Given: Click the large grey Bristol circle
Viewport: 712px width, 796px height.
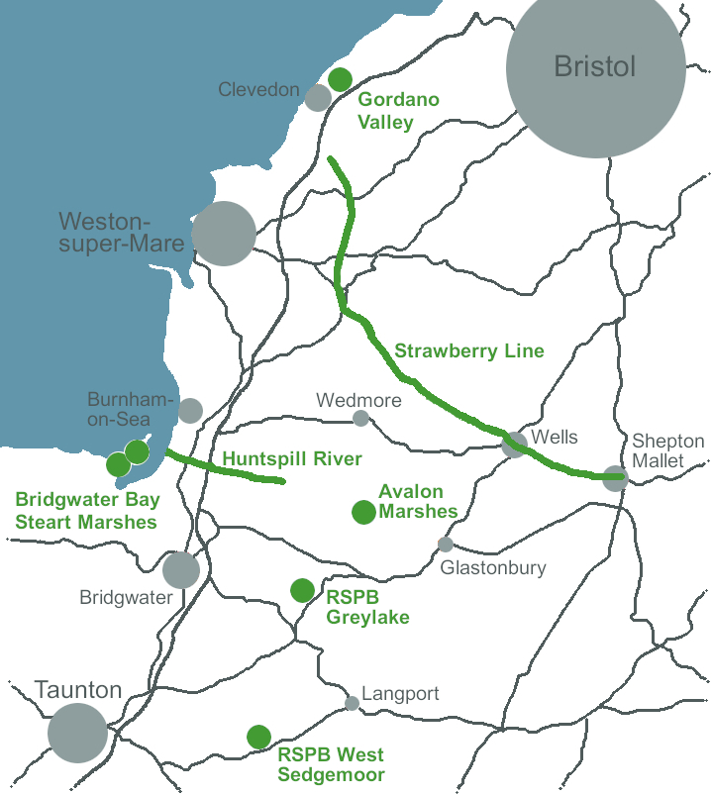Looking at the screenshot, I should pyautogui.click(x=595, y=68).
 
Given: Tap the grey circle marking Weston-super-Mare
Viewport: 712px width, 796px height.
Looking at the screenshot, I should pyautogui.click(x=224, y=234).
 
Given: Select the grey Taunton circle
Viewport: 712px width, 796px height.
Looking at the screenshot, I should pyautogui.click(x=78, y=734).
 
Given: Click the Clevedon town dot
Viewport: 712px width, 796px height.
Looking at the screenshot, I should pyautogui.click(x=318, y=97).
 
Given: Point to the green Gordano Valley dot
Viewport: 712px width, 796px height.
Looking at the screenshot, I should pyautogui.click(x=340, y=79).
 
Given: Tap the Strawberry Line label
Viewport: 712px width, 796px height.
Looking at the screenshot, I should pyautogui.click(x=469, y=350).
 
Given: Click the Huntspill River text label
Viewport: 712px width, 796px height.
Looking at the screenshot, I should pyautogui.click(x=292, y=459).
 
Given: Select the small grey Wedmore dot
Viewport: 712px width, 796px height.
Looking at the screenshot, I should pyautogui.click(x=360, y=418).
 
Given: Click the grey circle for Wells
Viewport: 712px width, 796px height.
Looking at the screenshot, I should pyautogui.click(x=515, y=445).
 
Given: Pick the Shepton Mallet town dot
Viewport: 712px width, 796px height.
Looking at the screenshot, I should pyautogui.click(x=615, y=477).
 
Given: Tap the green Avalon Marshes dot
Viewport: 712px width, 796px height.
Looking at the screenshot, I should pyautogui.click(x=363, y=512).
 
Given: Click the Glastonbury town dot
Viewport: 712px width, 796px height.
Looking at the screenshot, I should pyautogui.click(x=446, y=545).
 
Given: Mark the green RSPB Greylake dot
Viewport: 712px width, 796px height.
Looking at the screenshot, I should pyautogui.click(x=302, y=590).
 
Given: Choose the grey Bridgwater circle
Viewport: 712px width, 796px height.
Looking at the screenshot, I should pyautogui.click(x=181, y=569).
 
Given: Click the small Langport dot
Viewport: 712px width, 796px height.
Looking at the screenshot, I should pyautogui.click(x=352, y=703).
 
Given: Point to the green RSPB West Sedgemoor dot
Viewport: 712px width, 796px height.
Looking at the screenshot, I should pyautogui.click(x=258, y=737).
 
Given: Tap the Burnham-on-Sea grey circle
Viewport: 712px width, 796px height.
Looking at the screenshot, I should pyautogui.click(x=190, y=411).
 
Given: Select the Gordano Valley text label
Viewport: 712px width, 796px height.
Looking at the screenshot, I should pyautogui.click(x=399, y=111).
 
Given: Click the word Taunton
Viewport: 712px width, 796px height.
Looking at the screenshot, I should pyautogui.click(x=78, y=690).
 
